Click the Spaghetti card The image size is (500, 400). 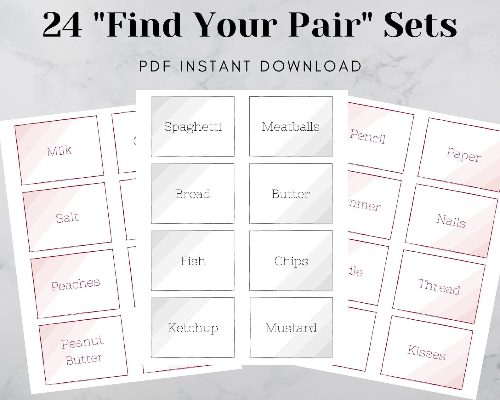pyautogui.click(x=193, y=126)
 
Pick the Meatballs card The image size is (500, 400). pyautogui.click(x=291, y=126)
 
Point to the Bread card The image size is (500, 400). pyautogui.click(x=193, y=193)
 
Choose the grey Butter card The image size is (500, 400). pyautogui.click(x=291, y=193)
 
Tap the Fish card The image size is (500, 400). pyautogui.click(x=193, y=260)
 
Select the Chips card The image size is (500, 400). pyautogui.click(x=291, y=260)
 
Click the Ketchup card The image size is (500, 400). pyautogui.click(x=193, y=328)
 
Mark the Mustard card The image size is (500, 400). pyautogui.click(x=291, y=328)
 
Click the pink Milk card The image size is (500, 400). pyautogui.click(x=60, y=151)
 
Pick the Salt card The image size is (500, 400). pyautogui.click(x=67, y=217)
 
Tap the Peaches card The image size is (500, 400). pyautogui.click(x=75, y=284)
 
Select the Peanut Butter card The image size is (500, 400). pyautogui.click(x=83, y=350)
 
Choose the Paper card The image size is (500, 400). pyautogui.click(x=463, y=154)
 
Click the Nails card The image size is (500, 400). pyautogui.click(x=451, y=220)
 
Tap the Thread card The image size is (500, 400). pyautogui.click(x=439, y=286)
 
